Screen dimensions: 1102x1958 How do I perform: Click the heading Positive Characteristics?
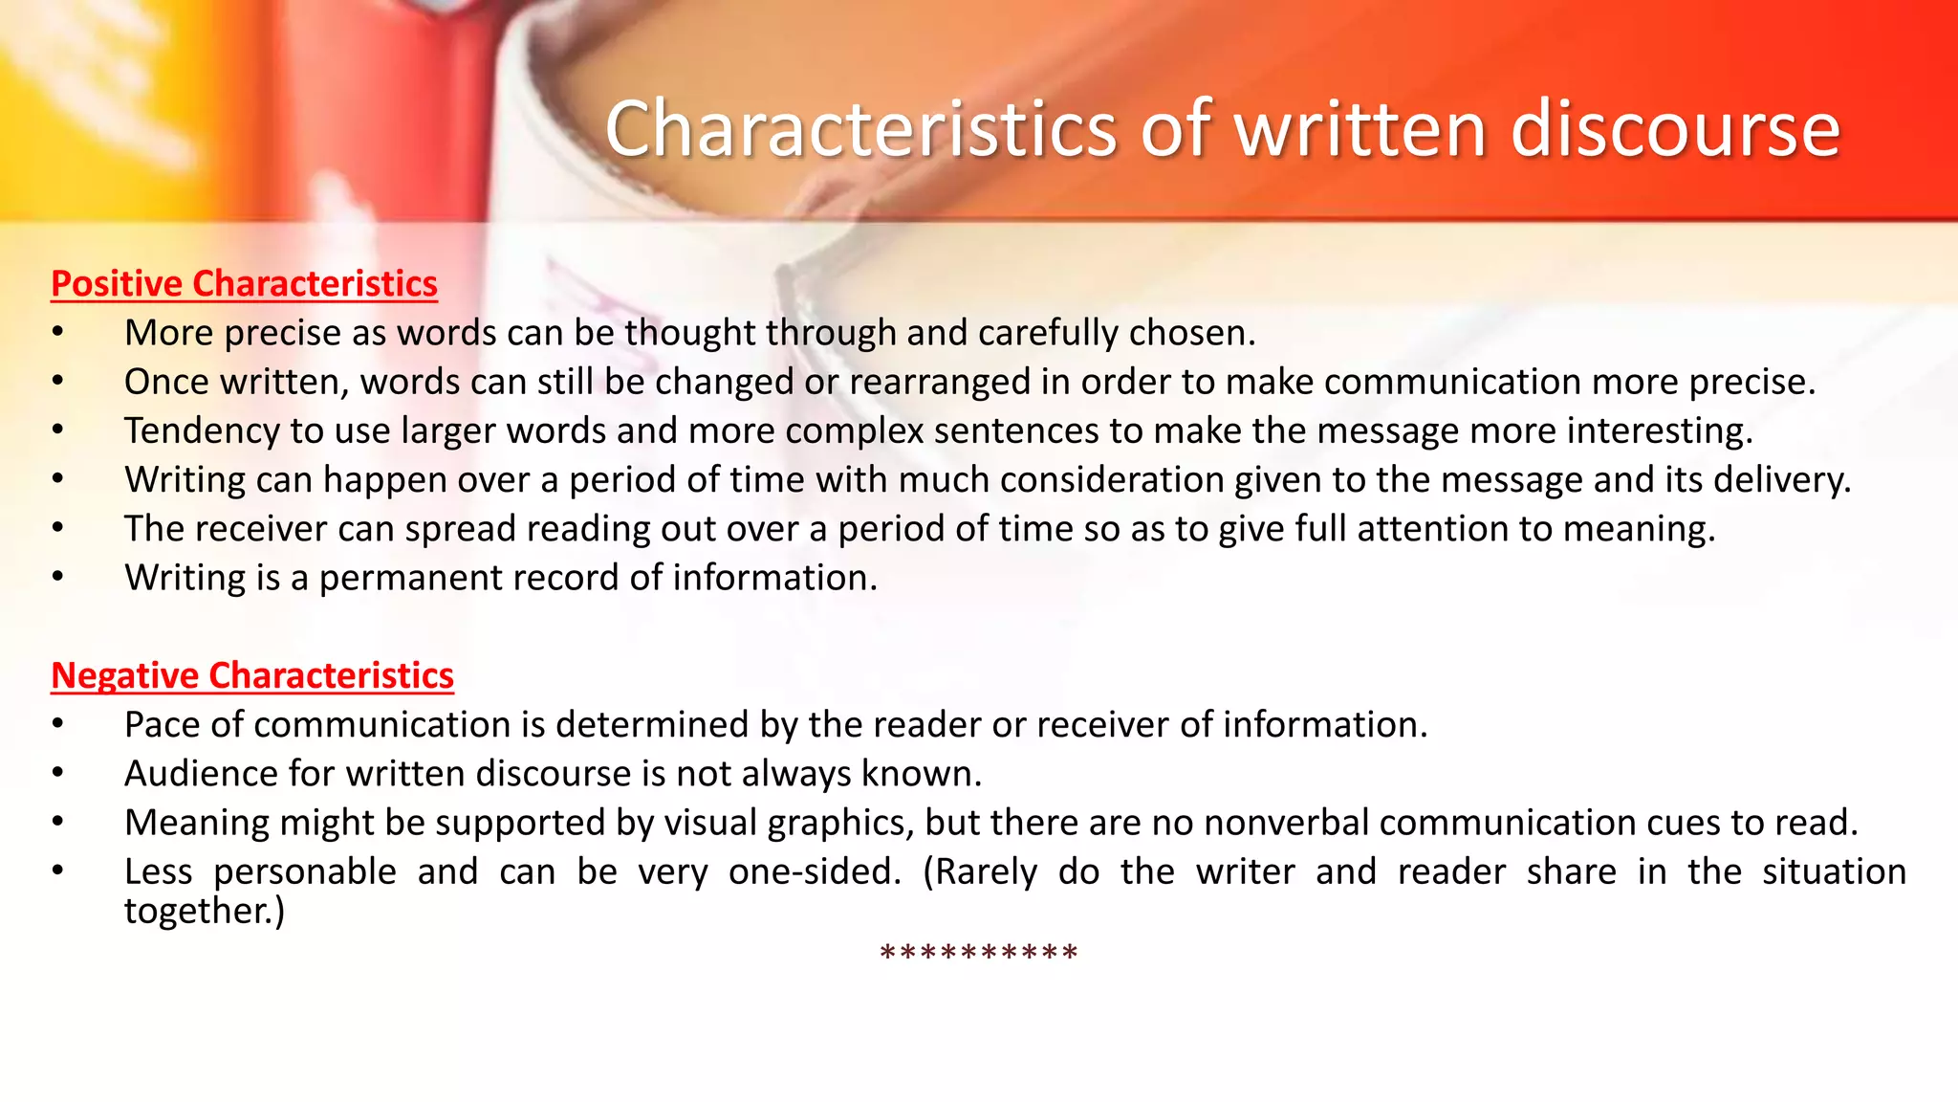click(x=244, y=284)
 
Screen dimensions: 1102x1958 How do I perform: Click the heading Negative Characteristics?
click(x=252, y=675)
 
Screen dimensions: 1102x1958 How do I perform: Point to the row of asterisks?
click(x=978, y=954)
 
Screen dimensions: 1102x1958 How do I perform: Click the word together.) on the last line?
click(x=205, y=911)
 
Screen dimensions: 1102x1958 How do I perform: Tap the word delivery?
click(x=1782, y=479)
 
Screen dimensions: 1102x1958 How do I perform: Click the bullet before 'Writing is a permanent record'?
click(x=58, y=578)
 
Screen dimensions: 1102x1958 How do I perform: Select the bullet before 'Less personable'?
click(x=58, y=871)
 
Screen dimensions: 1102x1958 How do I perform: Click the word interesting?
click(x=1660, y=430)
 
